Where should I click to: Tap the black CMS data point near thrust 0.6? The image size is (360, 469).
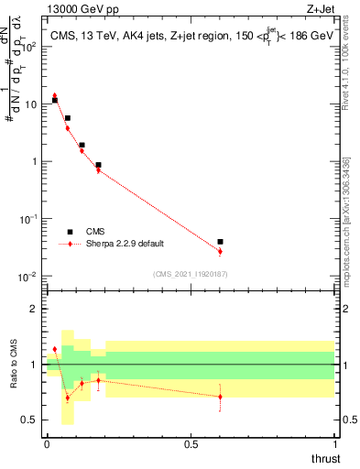220,242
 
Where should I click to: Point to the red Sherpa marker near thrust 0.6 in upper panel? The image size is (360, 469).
220,251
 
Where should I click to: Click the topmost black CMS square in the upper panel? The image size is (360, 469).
55,100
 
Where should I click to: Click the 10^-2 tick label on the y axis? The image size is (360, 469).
28,277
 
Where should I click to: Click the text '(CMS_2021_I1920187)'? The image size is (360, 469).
190,274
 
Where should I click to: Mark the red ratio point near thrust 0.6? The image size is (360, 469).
220,397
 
